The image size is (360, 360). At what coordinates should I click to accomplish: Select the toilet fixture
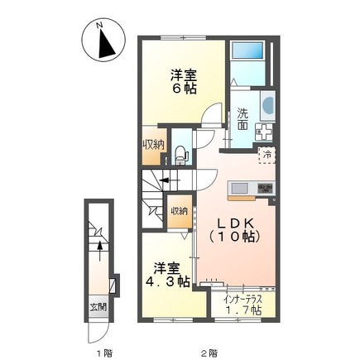182,151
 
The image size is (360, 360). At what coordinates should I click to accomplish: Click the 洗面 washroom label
242,119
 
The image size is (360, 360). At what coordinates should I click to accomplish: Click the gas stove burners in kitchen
264,190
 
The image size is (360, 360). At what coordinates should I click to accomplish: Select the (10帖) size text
234,238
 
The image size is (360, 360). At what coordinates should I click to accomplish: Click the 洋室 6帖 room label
183,80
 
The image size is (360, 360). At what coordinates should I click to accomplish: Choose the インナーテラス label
242,296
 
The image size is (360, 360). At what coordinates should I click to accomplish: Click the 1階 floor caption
101,352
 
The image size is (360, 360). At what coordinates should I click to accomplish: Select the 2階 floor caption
212,352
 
